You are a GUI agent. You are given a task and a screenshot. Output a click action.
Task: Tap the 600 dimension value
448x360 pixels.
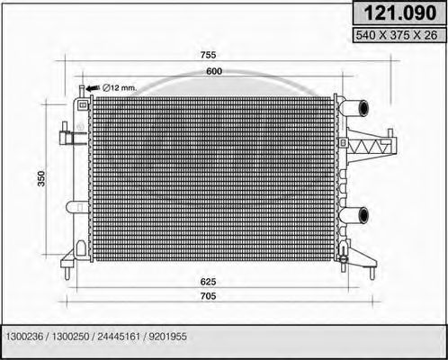(212, 71)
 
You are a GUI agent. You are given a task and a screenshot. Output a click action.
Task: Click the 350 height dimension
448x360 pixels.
(40, 180)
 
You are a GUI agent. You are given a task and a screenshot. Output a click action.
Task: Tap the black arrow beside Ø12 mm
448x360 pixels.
(93, 86)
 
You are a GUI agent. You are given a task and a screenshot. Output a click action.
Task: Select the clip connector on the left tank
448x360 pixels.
(66, 138)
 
